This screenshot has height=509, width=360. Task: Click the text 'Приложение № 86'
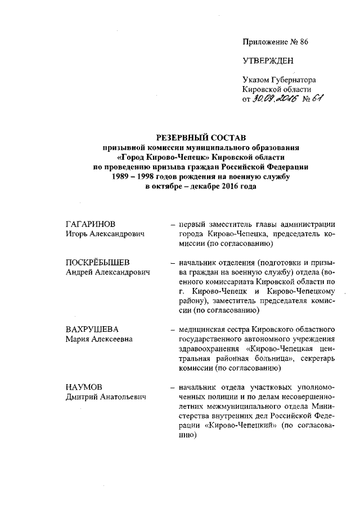tap(276, 42)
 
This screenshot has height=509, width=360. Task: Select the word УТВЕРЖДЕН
tap(268, 61)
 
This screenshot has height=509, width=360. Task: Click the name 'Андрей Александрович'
tap(109, 273)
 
